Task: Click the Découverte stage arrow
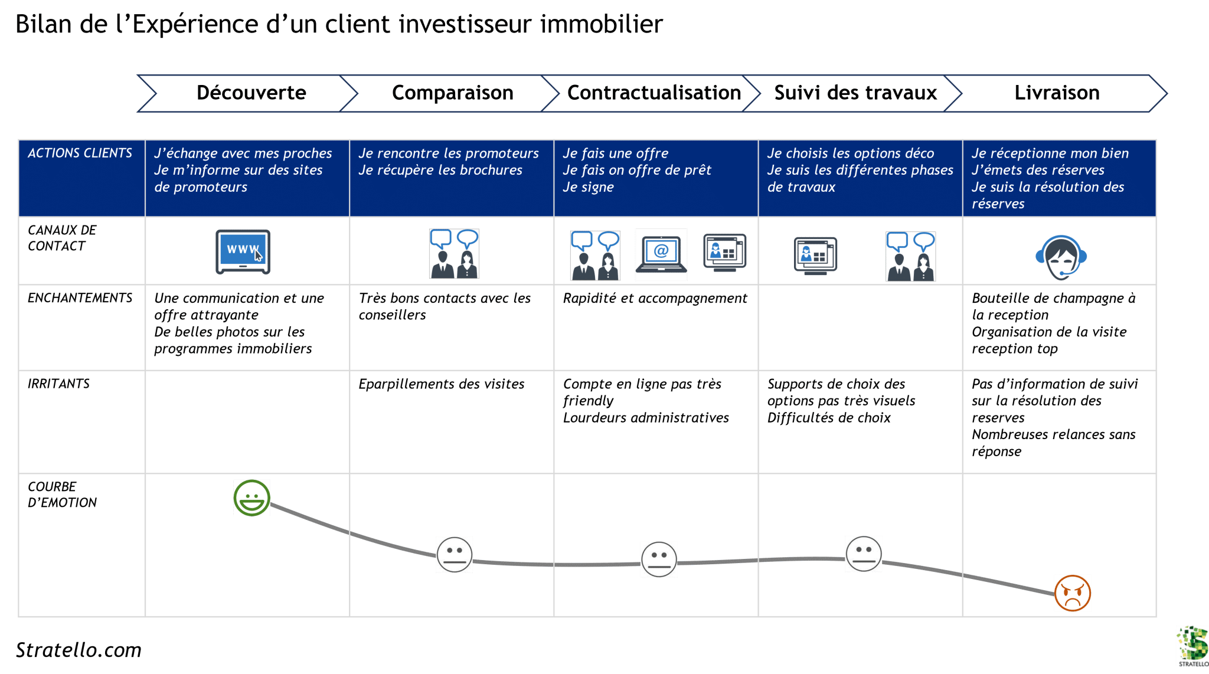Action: pos(251,93)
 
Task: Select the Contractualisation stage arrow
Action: pos(653,93)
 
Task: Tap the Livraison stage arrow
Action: pos(1057,93)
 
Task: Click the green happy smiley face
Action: pos(251,498)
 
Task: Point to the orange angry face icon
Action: pos(1072,593)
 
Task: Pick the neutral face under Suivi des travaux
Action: pos(863,554)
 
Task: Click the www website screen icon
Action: pos(243,252)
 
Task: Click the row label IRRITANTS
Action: pos(58,384)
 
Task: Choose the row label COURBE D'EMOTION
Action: pos(61,495)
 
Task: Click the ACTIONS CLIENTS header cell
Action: pos(80,153)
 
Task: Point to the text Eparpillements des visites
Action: pos(441,384)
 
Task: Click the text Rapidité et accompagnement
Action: pos(655,299)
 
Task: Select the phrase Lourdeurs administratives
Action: pos(646,418)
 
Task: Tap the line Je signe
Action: pos(588,187)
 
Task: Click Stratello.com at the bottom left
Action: pos(79,650)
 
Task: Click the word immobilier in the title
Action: pos(601,25)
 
